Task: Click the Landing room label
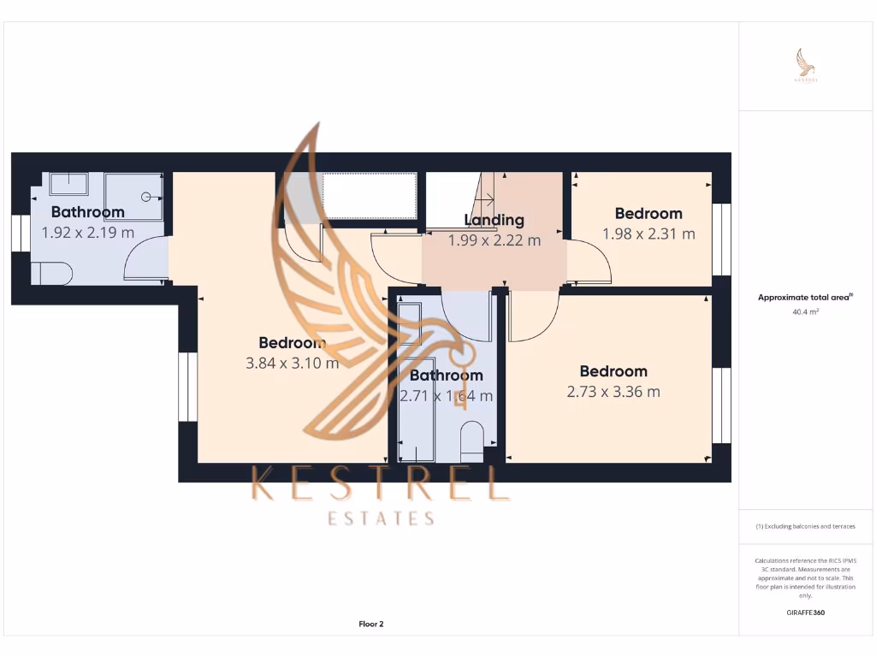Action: click(494, 220)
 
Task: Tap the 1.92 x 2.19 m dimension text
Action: click(88, 232)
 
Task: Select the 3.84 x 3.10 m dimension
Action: click(292, 363)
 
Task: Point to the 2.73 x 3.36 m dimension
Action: click(613, 392)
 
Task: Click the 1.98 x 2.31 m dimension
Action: click(648, 234)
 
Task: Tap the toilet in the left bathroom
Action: click(52, 273)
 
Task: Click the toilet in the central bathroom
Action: click(471, 438)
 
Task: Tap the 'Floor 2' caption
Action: click(371, 624)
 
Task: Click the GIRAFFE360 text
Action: click(806, 613)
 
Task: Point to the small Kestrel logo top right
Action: click(806, 65)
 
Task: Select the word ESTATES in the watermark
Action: click(382, 518)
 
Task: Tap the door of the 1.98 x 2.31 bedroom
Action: click(590, 262)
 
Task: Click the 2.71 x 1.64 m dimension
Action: click(446, 396)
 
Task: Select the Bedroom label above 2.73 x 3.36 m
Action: click(613, 371)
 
